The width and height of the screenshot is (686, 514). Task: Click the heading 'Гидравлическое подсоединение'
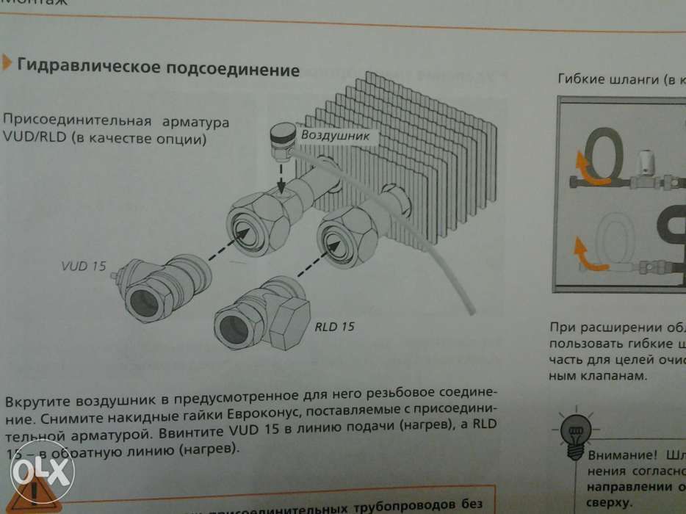click(158, 69)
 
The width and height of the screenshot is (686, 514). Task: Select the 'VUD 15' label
click(84, 266)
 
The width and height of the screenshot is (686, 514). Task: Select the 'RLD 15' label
click(334, 326)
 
